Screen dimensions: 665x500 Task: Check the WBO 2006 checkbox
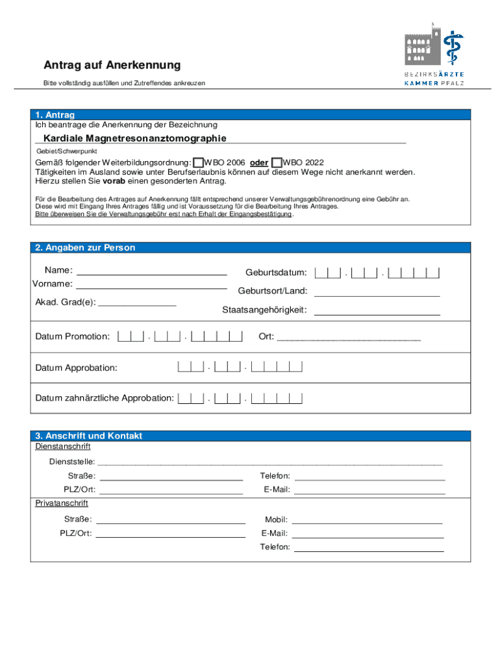click(x=198, y=162)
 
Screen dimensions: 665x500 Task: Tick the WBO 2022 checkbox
click(x=277, y=162)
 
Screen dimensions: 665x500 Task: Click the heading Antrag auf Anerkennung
click(x=112, y=66)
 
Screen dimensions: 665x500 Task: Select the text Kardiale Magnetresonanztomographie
click(x=135, y=138)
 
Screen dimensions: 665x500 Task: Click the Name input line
click(x=152, y=271)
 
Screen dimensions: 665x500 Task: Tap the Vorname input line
click(x=152, y=285)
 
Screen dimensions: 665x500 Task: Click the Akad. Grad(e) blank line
click(x=137, y=302)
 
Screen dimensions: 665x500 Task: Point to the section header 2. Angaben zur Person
click(x=86, y=248)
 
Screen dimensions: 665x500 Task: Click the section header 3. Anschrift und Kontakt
click(x=89, y=436)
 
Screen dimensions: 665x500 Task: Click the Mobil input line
click(x=368, y=520)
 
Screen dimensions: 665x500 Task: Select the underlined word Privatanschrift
click(x=62, y=503)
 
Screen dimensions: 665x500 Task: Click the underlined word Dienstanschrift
click(x=63, y=447)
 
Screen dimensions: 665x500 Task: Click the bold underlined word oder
click(x=259, y=162)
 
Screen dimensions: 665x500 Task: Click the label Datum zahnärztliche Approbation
click(x=105, y=398)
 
